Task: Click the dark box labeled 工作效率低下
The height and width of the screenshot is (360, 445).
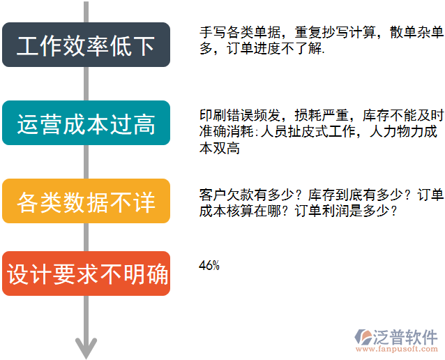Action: click(x=86, y=45)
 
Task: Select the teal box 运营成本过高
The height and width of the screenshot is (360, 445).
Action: click(x=86, y=123)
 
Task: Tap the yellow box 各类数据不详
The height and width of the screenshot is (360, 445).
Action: click(x=86, y=202)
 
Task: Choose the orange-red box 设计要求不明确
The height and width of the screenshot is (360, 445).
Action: click(x=86, y=273)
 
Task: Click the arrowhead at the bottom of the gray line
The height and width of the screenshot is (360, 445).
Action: click(x=86, y=347)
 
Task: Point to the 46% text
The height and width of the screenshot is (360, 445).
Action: click(x=209, y=265)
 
